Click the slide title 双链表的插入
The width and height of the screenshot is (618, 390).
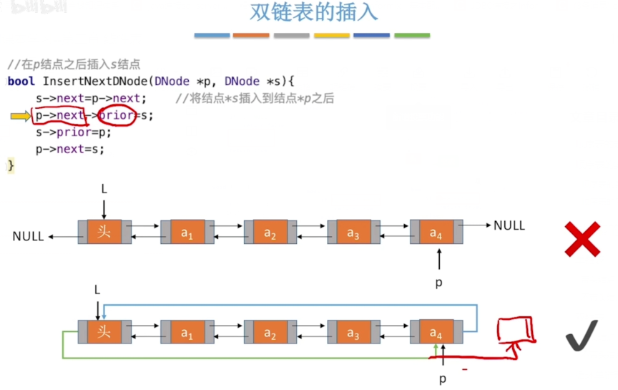[x=313, y=13]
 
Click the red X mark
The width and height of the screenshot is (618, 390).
[x=582, y=239]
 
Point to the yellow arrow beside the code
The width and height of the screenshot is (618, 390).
[x=21, y=115]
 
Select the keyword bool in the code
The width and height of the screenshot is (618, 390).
[x=21, y=82]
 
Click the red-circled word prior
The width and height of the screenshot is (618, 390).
[x=115, y=115]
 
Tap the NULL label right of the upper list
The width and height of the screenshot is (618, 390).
[x=509, y=225]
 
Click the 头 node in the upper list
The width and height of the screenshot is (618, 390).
[x=104, y=232]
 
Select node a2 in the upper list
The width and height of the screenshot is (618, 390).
[x=270, y=232]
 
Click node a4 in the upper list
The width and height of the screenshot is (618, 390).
[x=436, y=232]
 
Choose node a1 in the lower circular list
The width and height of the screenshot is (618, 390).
[x=187, y=332]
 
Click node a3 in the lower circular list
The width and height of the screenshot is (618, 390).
[x=353, y=332]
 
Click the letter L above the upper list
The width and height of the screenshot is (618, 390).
[x=104, y=188]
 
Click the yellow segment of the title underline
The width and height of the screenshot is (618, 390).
[x=332, y=35]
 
